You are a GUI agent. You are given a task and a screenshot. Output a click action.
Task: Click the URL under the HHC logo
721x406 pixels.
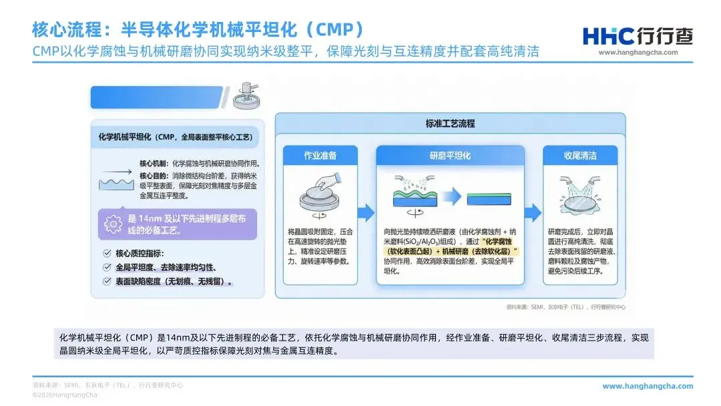(x=638, y=53)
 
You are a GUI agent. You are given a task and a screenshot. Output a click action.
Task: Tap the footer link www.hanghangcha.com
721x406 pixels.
(x=648, y=386)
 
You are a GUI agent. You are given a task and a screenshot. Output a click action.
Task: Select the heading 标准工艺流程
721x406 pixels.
(x=450, y=124)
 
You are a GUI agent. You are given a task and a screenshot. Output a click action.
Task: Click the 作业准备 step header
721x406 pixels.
(x=321, y=156)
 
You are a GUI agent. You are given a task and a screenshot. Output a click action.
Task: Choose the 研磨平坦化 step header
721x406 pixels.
(x=450, y=156)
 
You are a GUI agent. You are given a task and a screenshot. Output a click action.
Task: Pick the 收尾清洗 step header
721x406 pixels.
(x=579, y=156)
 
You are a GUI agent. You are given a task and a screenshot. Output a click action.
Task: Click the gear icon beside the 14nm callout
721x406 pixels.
(x=113, y=224)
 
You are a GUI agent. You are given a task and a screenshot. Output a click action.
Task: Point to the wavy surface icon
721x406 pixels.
(x=114, y=180)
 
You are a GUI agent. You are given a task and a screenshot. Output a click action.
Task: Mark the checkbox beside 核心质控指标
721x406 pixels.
(x=107, y=254)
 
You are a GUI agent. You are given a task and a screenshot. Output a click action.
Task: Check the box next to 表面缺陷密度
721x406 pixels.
(x=107, y=281)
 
